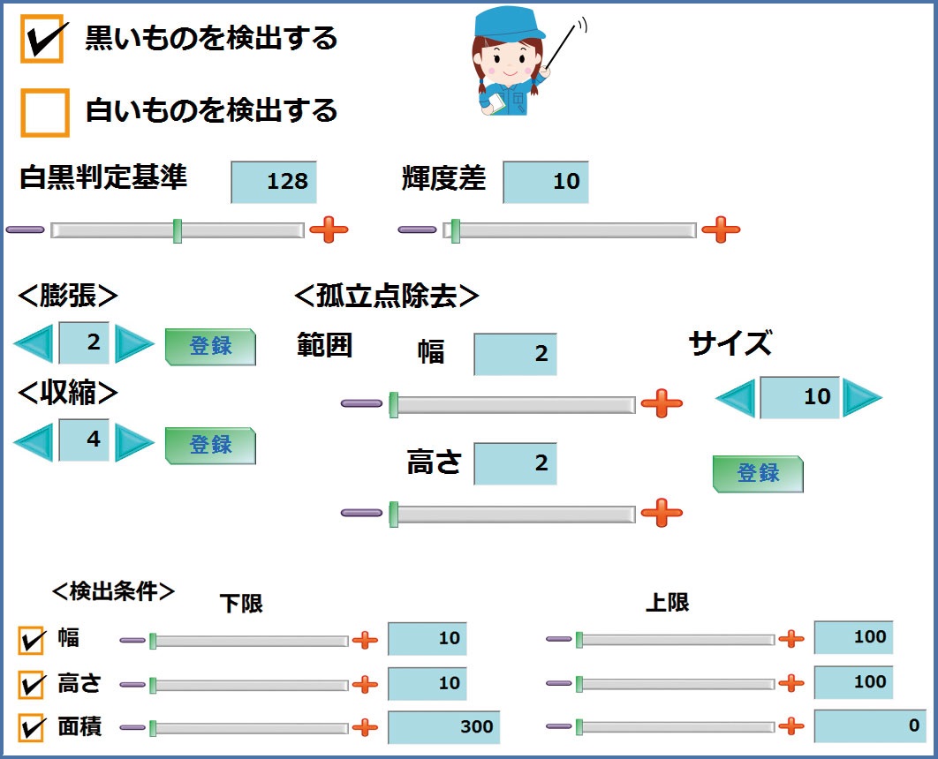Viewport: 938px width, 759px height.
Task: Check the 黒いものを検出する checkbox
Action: click(x=42, y=41)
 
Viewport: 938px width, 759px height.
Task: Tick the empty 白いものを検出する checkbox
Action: click(x=45, y=112)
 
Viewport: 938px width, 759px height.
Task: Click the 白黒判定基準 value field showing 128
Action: click(x=274, y=182)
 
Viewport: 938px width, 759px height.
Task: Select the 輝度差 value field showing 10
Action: click(x=546, y=182)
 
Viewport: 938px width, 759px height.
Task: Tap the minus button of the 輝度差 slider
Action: click(x=417, y=230)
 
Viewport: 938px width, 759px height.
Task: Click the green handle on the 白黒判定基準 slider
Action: click(x=178, y=231)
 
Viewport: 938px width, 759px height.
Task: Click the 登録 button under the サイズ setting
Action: click(x=758, y=474)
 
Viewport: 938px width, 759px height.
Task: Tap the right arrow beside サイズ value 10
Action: click(x=862, y=397)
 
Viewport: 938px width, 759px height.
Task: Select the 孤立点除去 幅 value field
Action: click(x=516, y=354)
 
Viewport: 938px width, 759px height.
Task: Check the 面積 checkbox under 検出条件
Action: click(x=32, y=728)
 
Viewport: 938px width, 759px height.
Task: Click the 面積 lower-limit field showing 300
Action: click(x=443, y=728)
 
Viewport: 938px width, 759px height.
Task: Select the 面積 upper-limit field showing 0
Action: click(x=869, y=725)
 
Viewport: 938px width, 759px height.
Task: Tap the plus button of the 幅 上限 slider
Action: click(x=791, y=639)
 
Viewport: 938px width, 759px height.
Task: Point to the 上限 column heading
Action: click(x=668, y=603)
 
